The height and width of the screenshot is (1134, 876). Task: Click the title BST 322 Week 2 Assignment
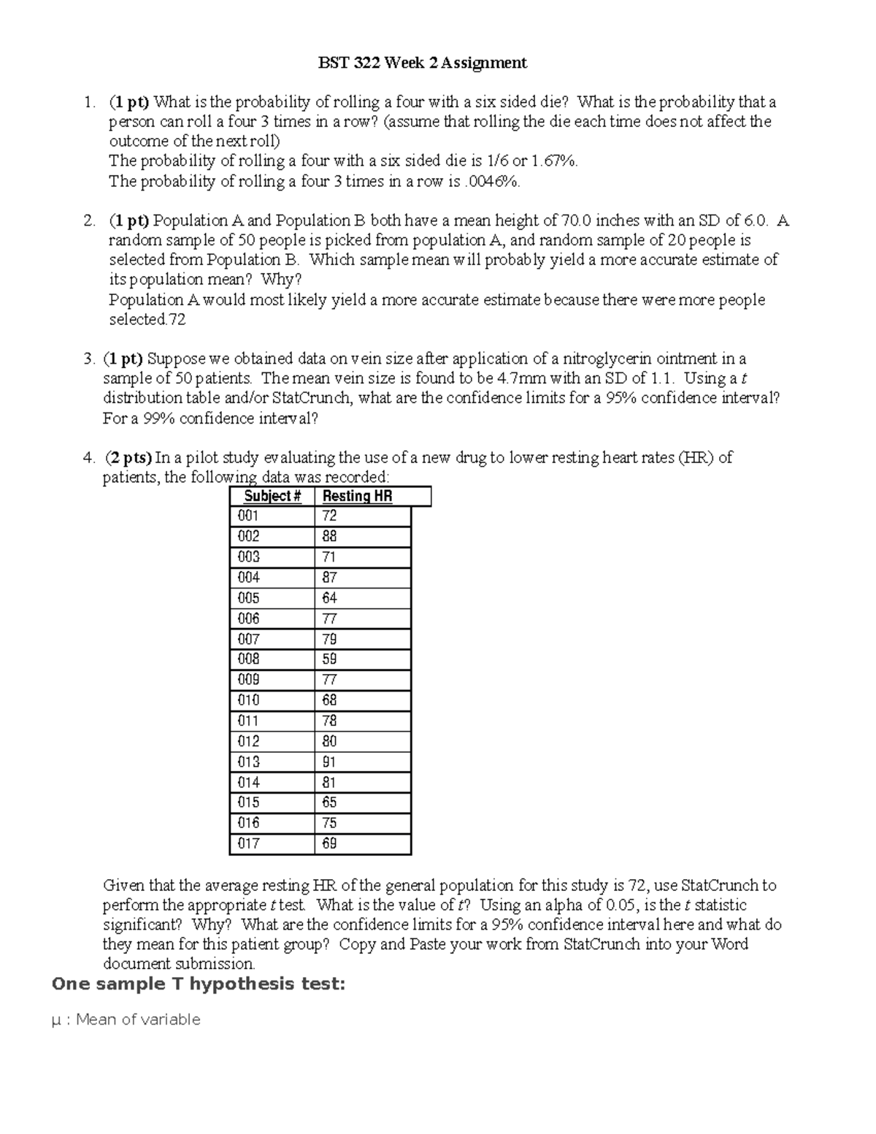point(422,63)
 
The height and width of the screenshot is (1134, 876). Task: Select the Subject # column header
point(272,497)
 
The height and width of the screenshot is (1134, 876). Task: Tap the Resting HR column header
point(358,497)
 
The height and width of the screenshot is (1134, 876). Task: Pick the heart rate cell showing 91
point(329,762)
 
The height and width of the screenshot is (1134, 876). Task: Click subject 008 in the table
point(249,659)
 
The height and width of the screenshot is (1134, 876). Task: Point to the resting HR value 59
point(329,659)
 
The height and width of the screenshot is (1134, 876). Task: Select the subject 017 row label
point(249,843)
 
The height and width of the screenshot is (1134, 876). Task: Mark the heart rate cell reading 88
point(329,536)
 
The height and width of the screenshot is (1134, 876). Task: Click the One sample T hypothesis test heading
point(198,984)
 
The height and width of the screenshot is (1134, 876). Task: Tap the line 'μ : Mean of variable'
point(126,1019)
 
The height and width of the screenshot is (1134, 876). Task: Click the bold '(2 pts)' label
point(128,458)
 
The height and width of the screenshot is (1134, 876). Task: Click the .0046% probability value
point(493,182)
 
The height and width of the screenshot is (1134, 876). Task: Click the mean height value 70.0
point(577,221)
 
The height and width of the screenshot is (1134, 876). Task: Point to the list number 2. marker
point(89,221)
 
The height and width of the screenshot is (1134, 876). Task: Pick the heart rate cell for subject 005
point(329,598)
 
